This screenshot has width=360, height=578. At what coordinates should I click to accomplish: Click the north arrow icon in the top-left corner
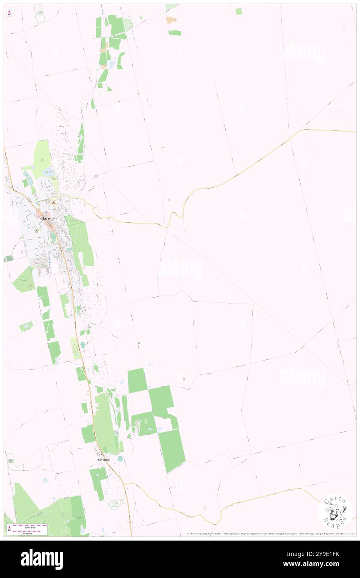pos(9,13)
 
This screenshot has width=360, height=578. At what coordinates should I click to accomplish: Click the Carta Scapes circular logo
pos(335,511)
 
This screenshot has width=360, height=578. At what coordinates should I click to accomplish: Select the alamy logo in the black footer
pos(42,559)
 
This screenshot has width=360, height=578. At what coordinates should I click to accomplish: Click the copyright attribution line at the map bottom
pos(270,534)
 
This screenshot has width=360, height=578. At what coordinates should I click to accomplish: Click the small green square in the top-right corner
pos(239,12)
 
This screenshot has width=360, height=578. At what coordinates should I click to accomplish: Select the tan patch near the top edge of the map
pos(171,20)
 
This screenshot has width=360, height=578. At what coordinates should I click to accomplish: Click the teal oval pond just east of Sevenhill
pos(120,458)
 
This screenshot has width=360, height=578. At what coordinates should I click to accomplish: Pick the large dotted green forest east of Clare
pos(81,241)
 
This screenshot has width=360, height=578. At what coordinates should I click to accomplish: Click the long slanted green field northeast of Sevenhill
pos(171,450)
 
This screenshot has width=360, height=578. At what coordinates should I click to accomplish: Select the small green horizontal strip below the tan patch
pos(175,32)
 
